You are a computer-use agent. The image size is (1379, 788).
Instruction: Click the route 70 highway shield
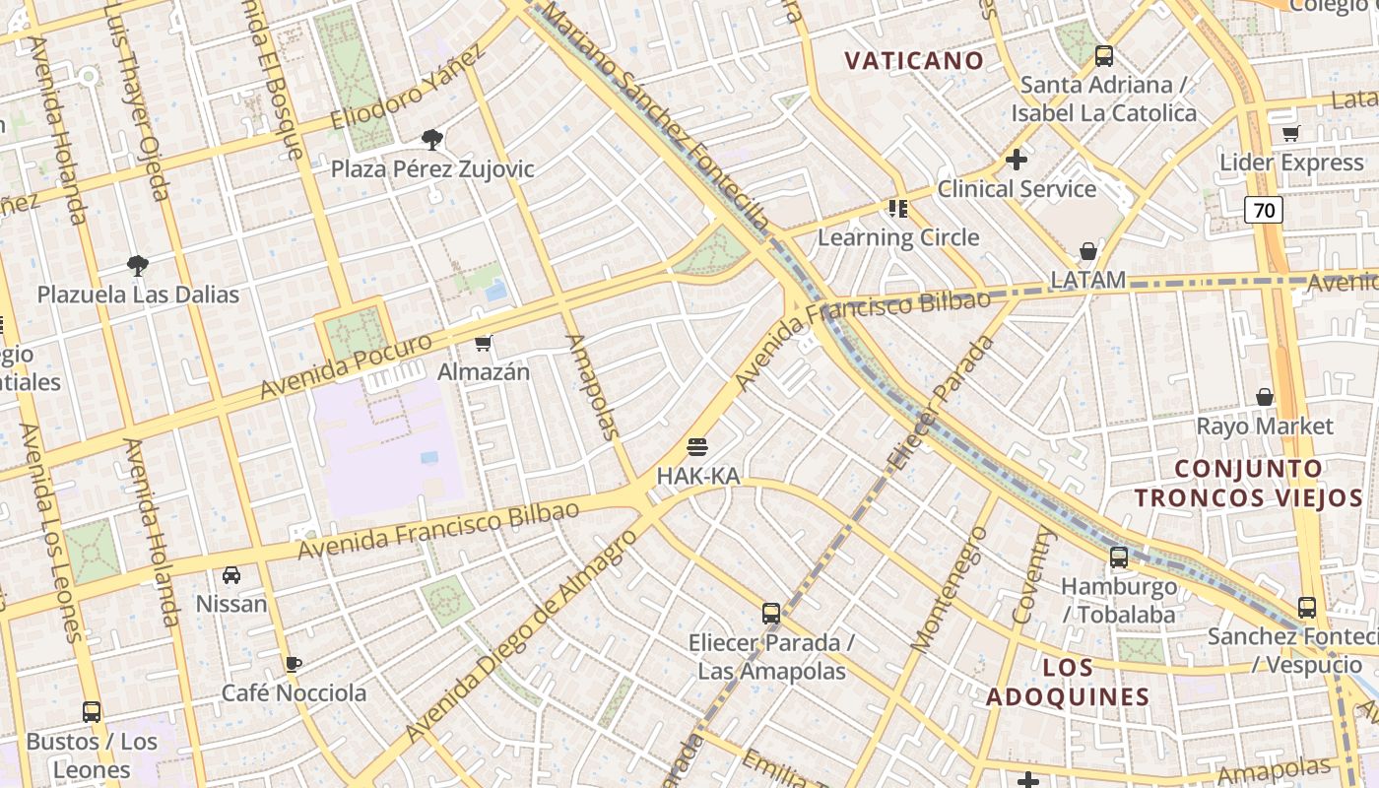click(x=1264, y=209)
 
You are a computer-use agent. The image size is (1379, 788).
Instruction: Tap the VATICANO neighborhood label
click(x=914, y=60)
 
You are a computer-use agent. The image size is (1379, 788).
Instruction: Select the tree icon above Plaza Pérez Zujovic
click(x=431, y=140)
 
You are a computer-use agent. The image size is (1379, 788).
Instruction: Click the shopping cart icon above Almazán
click(x=484, y=343)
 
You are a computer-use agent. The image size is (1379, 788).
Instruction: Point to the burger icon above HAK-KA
click(x=697, y=447)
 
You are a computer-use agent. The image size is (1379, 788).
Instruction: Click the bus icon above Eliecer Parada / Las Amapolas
click(x=771, y=614)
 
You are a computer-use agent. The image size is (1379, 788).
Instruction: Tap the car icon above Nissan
click(x=231, y=574)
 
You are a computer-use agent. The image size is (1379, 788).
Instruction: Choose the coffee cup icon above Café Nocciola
click(x=293, y=663)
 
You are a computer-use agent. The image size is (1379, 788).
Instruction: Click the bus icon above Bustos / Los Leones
click(x=92, y=711)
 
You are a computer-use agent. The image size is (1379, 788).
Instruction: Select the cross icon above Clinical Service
click(x=1017, y=159)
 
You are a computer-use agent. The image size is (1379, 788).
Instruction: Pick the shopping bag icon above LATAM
click(x=1087, y=251)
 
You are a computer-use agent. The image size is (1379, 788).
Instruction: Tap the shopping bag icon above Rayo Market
click(x=1265, y=397)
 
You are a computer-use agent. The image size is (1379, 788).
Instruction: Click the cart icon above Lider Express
click(x=1290, y=133)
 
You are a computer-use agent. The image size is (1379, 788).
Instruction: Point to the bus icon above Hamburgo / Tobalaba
click(x=1119, y=558)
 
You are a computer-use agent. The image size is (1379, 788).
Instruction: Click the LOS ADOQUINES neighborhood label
click(x=1068, y=683)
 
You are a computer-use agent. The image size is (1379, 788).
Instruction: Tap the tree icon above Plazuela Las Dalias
click(x=138, y=265)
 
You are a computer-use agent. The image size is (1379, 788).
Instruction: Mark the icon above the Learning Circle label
click(x=898, y=208)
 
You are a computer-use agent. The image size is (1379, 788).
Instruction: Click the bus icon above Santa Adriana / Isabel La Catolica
click(x=1104, y=56)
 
